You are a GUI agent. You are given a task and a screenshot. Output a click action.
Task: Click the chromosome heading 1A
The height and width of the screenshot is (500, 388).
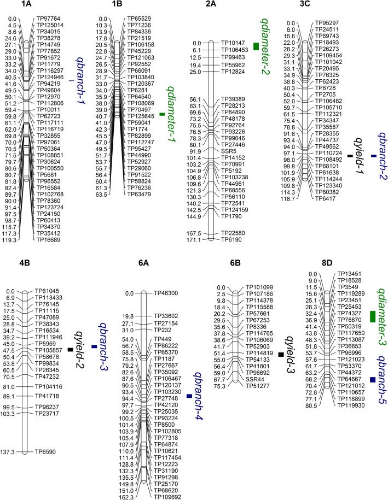pyautogui.click(x=25, y=5)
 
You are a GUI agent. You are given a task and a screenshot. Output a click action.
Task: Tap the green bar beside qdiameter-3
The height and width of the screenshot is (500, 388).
pyautogui.click(x=373, y=316)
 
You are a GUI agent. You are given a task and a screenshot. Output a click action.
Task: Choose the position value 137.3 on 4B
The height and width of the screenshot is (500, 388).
pyautogui.click(x=10, y=452)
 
